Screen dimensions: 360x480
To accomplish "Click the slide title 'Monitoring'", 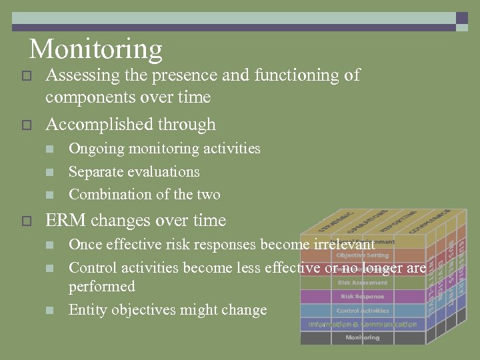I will point(96,49).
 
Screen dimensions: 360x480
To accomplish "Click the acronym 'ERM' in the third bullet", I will point(65,221).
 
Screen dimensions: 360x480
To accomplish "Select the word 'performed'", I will point(101,287).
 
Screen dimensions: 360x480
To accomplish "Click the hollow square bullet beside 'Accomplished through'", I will point(26,125).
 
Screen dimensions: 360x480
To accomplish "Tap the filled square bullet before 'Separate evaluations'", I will point(49,173).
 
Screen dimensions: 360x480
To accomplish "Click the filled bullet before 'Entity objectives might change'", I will point(49,311).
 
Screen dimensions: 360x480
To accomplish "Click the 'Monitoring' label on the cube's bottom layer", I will point(362,337).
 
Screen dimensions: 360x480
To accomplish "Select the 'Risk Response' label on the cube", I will point(362,296).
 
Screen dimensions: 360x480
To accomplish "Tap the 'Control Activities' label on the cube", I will point(362,311).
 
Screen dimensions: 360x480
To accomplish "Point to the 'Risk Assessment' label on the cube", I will point(362,283).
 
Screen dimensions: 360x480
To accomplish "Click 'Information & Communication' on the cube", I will point(362,324).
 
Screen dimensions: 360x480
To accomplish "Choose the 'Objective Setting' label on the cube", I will point(362,255).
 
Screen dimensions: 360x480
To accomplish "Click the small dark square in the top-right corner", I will point(462,18).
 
